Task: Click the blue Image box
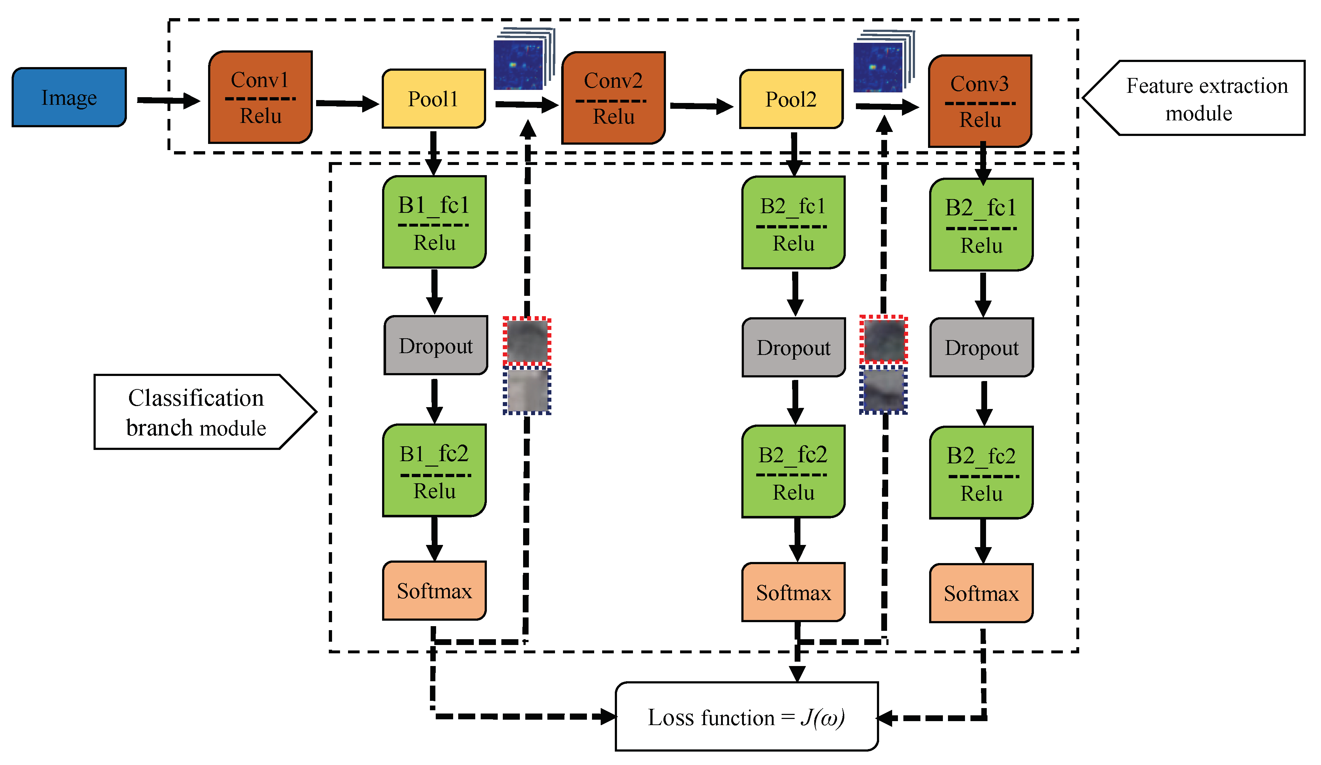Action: pyautogui.click(x=69, y=98)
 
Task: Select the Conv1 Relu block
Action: pyautogui.click(x=261, y=98)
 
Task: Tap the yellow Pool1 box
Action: pyautogui.click(x=434, y=99)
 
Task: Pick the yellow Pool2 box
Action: pyautogui.click(x=791, y=99)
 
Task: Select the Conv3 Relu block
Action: pyautogui.click(x=980, y=101)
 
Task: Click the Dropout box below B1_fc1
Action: pyautogui.click(x=436, y=346)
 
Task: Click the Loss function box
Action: pyautogui.click(x=746, y=717)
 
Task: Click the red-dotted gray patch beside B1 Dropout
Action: pyautogui.click(x=527, y=341)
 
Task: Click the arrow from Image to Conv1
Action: pyautogui.click(x=168, y=100)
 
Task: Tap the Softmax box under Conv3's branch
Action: pyautogui.click(x=981, y=594)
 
